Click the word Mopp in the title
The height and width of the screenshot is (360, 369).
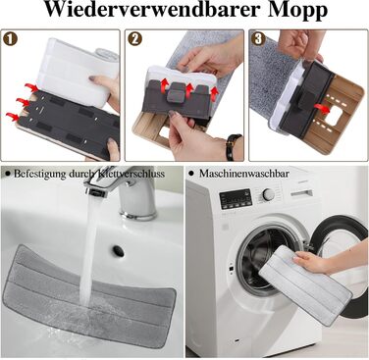click(x=298, y=11)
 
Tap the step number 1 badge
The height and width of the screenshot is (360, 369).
click(x=10, y=39)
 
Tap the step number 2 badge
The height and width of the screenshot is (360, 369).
click(x=134, y=39)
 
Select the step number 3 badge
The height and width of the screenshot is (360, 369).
click(x=258, y=39)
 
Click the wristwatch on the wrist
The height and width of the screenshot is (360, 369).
click(x=234, y=147)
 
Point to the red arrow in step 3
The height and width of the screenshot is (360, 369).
click(x=322, y=108)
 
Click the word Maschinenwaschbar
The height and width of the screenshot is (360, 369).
click(x=244, y=174)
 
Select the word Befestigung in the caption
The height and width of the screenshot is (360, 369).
click(x=39, y=174)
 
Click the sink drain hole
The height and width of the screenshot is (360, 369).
click(x=119, y=251)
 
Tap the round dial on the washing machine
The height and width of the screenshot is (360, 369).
click(x=269, y=194)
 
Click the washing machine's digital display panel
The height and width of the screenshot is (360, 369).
click(x=236, y=199)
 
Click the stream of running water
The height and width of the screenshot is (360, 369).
click(x=89, y=251)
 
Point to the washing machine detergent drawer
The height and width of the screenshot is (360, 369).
click(x=301, y=193)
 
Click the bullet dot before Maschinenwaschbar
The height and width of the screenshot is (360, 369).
click(x=191, y=173)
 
